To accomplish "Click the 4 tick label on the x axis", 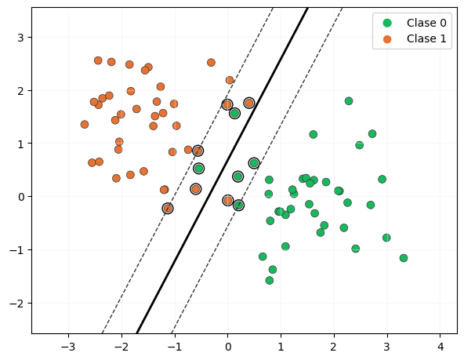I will (x=440, y=345).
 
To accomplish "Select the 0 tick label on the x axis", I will (x=227, y=345).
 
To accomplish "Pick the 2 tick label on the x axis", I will (x=334, y=345).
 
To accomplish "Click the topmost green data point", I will (x=349, y=101).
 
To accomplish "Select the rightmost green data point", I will (x=404, y=258).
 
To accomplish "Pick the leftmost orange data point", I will (x=85, y=125).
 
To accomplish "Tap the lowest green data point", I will (x=270, y=280).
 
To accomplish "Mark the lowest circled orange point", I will (x=168, y=209).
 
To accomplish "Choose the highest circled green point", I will (x=234, y=114).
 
